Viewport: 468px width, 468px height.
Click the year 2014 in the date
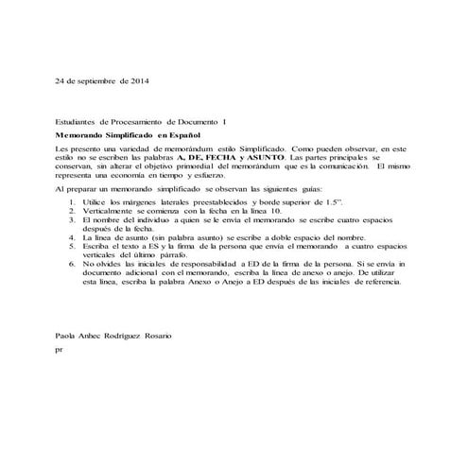click(x=138, y=82)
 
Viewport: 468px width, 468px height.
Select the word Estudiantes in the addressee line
click(x=77, y=123)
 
